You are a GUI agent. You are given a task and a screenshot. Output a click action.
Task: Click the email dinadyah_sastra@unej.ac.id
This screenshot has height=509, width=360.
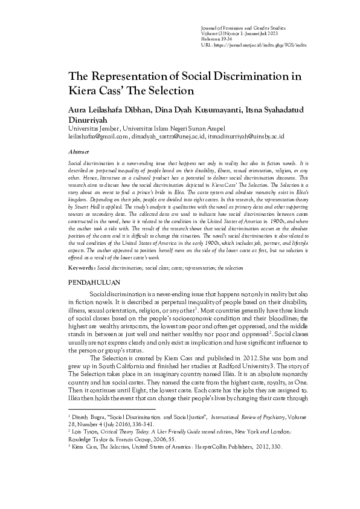169,137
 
